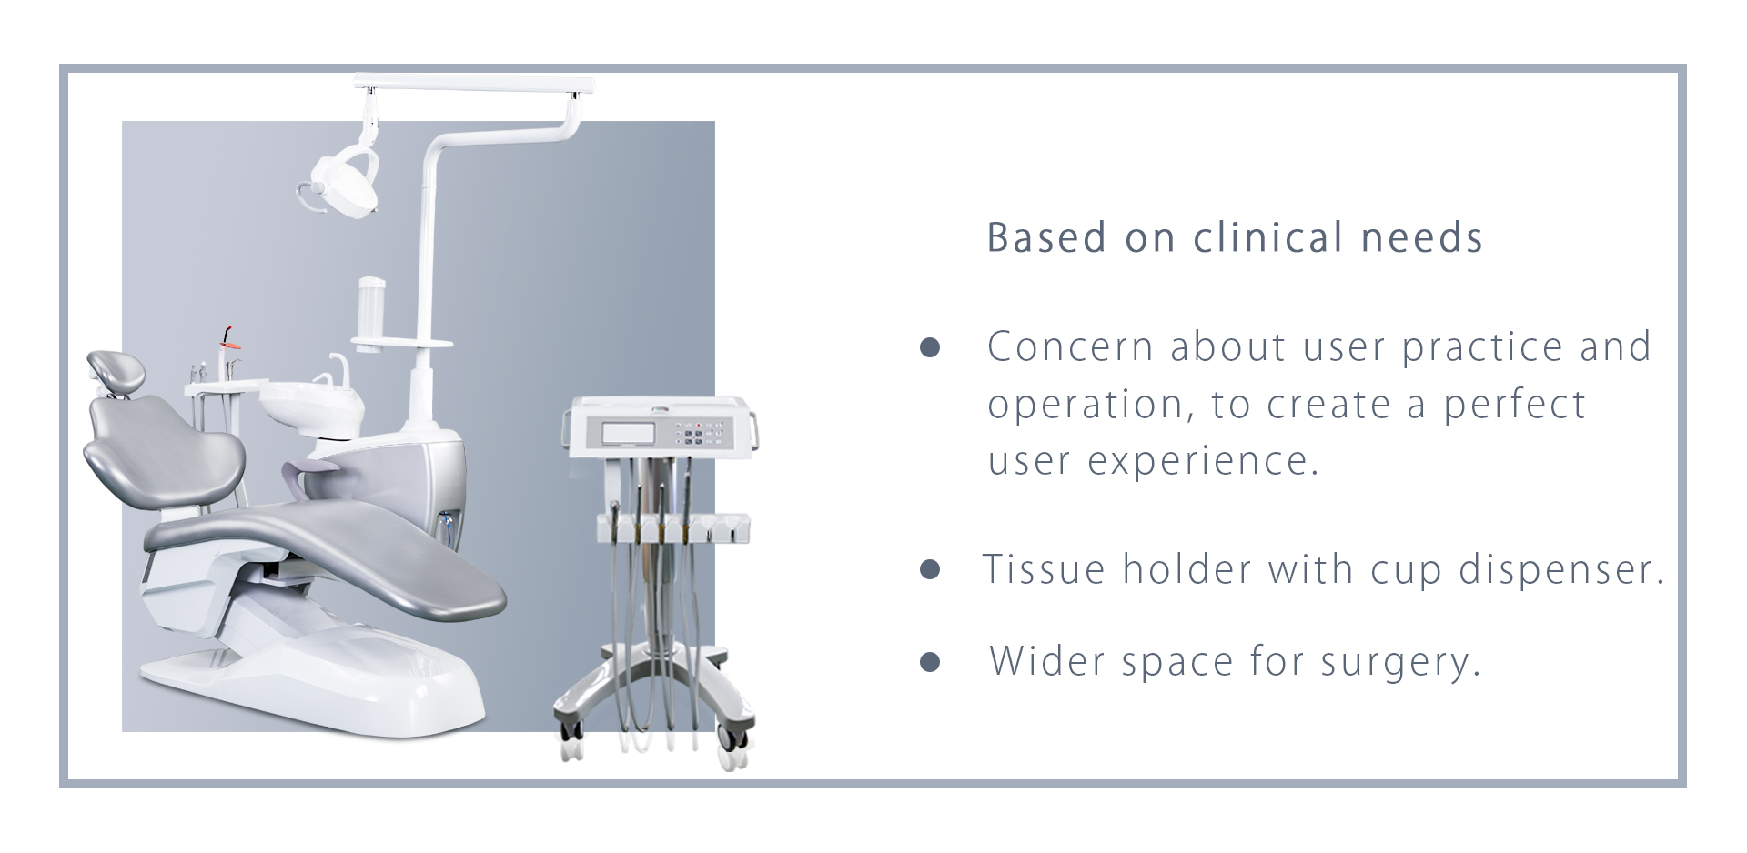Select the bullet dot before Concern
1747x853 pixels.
point(930,347)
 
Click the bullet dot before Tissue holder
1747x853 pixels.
point(930,569)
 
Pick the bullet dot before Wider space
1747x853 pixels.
point(930,660)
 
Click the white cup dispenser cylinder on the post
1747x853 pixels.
point(372,310)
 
